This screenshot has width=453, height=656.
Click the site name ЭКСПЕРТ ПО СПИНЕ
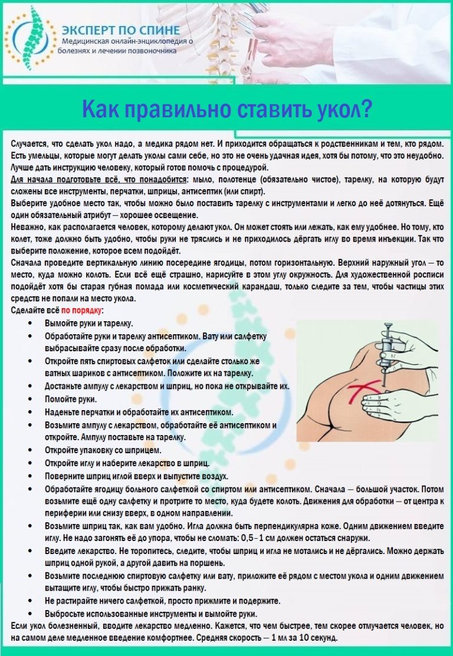click(121, 30)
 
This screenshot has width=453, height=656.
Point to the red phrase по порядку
click(81, 310)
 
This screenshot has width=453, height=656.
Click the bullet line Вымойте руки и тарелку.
click(88, 324)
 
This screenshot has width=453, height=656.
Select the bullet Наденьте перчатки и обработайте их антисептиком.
click(139, 412)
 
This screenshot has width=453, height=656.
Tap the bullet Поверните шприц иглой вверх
click(136, 476)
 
